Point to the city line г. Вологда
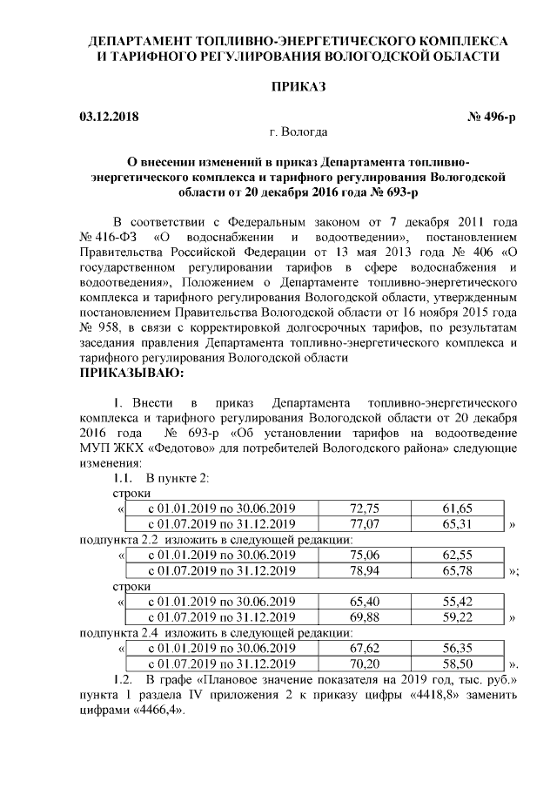299,133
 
